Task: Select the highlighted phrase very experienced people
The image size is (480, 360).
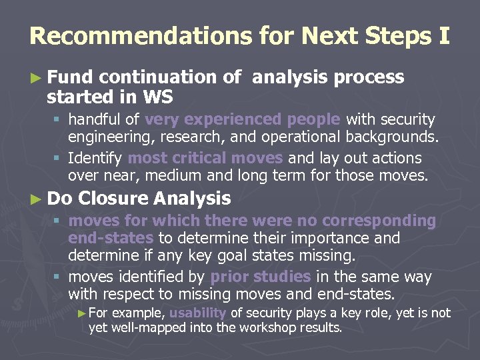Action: [243, 120]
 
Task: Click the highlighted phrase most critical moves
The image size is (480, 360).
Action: [205, 159]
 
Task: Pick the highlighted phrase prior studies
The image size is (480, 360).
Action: [260, 277]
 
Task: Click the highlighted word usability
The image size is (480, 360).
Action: [197, 313]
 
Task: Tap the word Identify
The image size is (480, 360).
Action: [95, 159]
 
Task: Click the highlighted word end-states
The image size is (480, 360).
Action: [111, 238]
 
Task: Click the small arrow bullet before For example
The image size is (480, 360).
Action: [82, 313]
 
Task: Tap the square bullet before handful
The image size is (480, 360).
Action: [59, 121]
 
